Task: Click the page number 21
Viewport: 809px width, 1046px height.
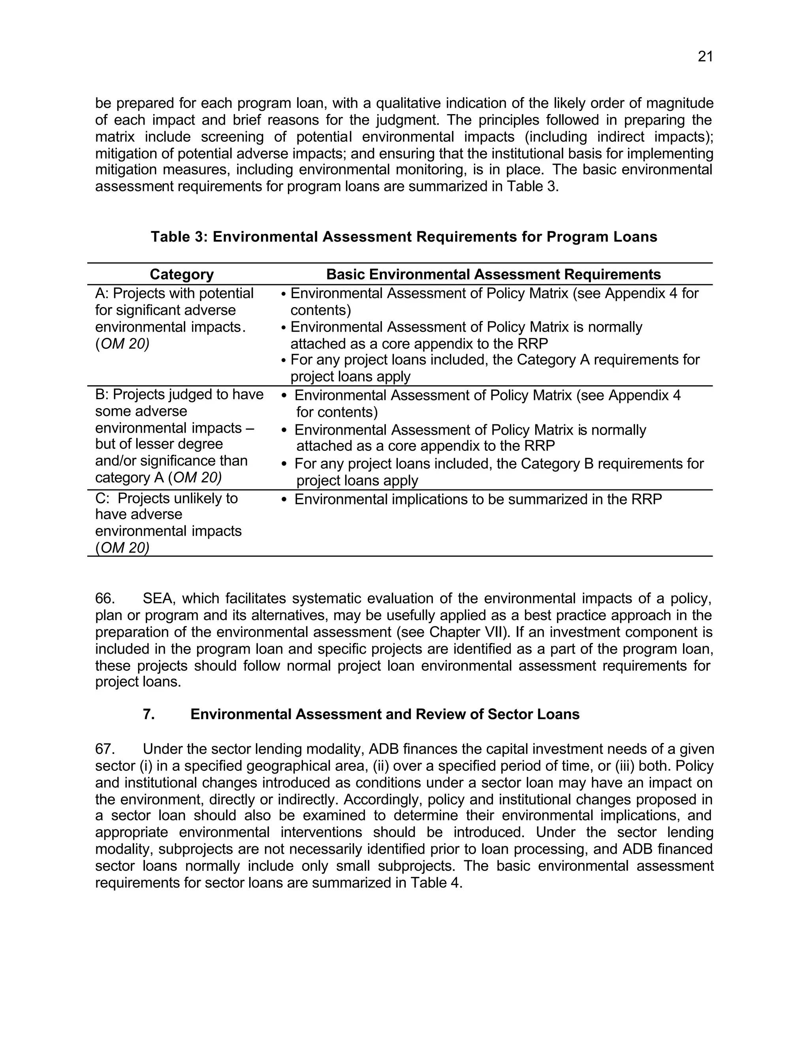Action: (705, 57)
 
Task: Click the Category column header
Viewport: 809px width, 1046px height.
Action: (182, 274)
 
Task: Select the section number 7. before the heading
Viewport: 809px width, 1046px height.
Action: (149, 714)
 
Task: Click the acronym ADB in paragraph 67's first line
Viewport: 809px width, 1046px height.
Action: (382, 749)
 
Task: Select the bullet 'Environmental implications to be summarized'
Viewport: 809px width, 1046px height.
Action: (478, 500)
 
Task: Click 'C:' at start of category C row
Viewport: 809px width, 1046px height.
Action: (103, 499)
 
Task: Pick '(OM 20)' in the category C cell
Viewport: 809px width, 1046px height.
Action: (122, 548)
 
